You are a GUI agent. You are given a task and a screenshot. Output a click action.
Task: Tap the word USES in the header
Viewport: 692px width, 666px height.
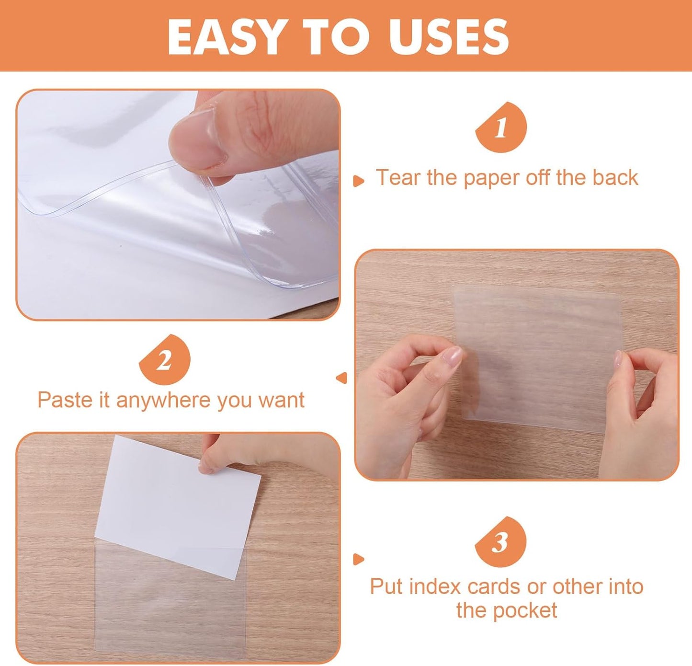449,37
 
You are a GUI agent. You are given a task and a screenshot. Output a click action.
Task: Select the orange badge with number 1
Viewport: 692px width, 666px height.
501,128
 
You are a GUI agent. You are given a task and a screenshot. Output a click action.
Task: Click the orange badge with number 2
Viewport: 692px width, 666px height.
164,360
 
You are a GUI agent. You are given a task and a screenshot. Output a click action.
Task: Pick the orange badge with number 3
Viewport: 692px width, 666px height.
500,542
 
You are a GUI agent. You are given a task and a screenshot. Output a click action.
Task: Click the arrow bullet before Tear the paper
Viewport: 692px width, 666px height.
358,181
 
